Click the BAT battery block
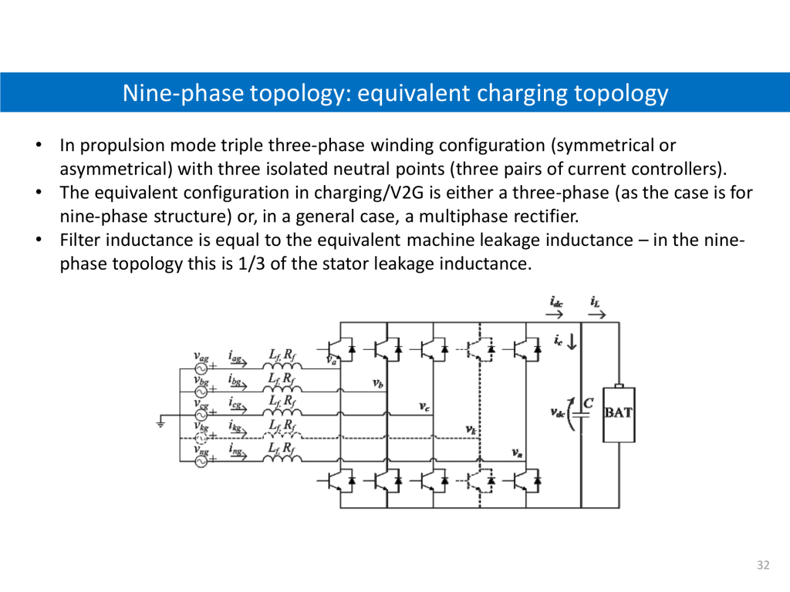(618, 413)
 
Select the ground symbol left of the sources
(161, 422)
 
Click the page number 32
(763, 566)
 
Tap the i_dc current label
(555, 303)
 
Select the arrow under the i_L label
(596, 314)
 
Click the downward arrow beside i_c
(572, 341)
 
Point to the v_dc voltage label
(557, 412)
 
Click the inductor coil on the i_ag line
(282, 365)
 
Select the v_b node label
(378, 383)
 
